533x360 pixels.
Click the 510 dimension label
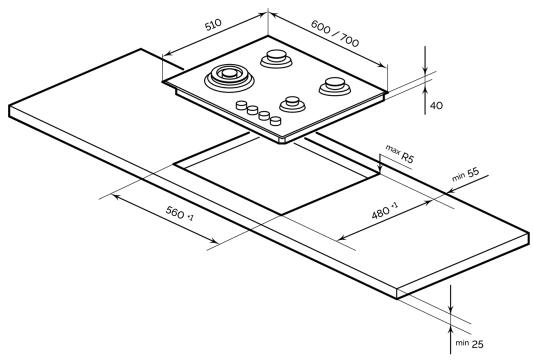pos(213,24)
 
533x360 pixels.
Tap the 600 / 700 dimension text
pos(335,33)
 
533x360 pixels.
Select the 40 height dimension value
pos(436,106)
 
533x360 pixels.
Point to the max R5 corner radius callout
pos(400,154)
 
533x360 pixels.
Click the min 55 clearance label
pos(465,174)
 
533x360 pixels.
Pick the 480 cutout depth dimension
pos(384,211)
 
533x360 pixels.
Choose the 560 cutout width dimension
pos(179,213)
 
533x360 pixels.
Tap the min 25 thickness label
pos(469,344)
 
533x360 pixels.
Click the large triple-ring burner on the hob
pos(229,78)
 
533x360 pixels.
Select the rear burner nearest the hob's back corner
pos(276,58)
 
